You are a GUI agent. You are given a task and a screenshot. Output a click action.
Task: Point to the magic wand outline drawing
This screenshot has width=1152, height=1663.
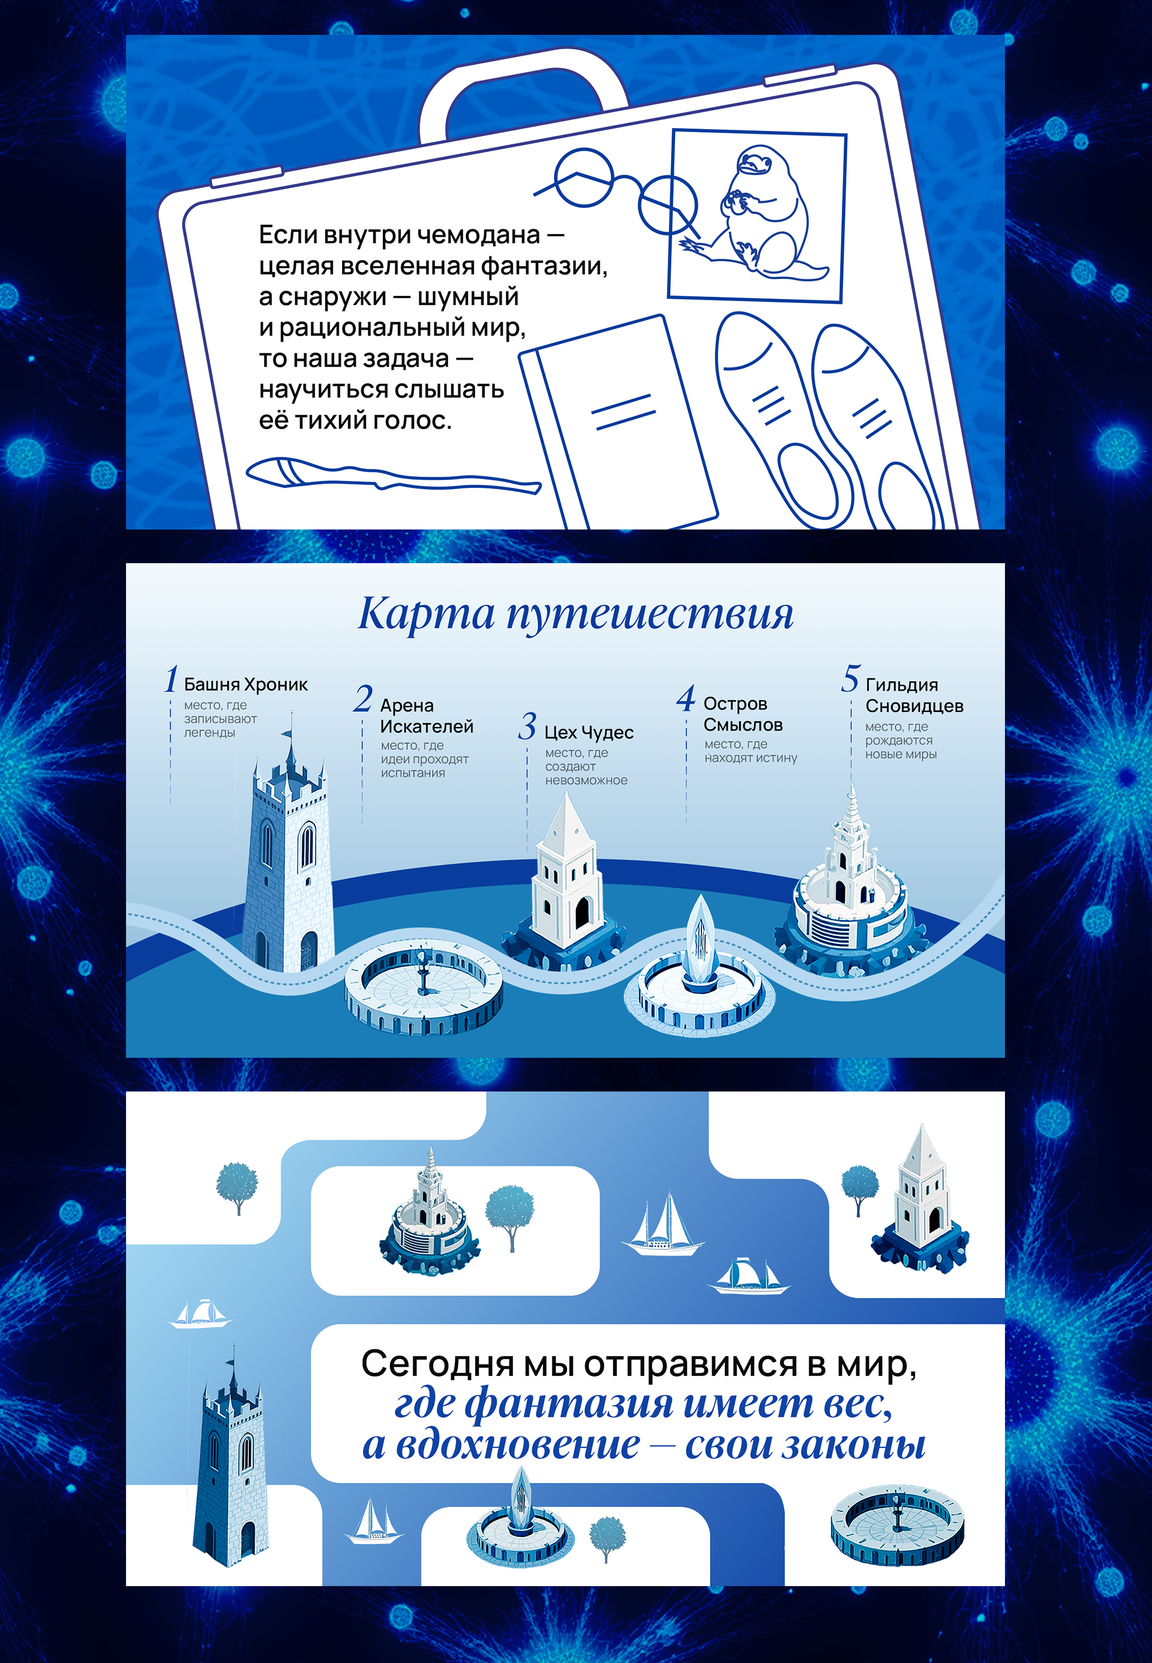[x=390, y=476]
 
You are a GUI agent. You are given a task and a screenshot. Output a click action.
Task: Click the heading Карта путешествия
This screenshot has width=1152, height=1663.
[x=575, y=614]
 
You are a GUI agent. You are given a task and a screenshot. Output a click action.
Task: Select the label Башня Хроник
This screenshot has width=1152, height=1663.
[x=245, y=684]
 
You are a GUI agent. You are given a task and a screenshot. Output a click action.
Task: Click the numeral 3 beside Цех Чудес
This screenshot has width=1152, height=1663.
[x=527, y=726]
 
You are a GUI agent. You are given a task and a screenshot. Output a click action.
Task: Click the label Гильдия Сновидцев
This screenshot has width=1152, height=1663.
[x=913, y=695]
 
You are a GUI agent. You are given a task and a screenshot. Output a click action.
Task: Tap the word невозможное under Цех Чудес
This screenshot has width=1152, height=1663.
[x=586, y=780]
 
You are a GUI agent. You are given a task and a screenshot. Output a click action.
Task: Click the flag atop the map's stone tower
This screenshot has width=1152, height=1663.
[x=287, y=734]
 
